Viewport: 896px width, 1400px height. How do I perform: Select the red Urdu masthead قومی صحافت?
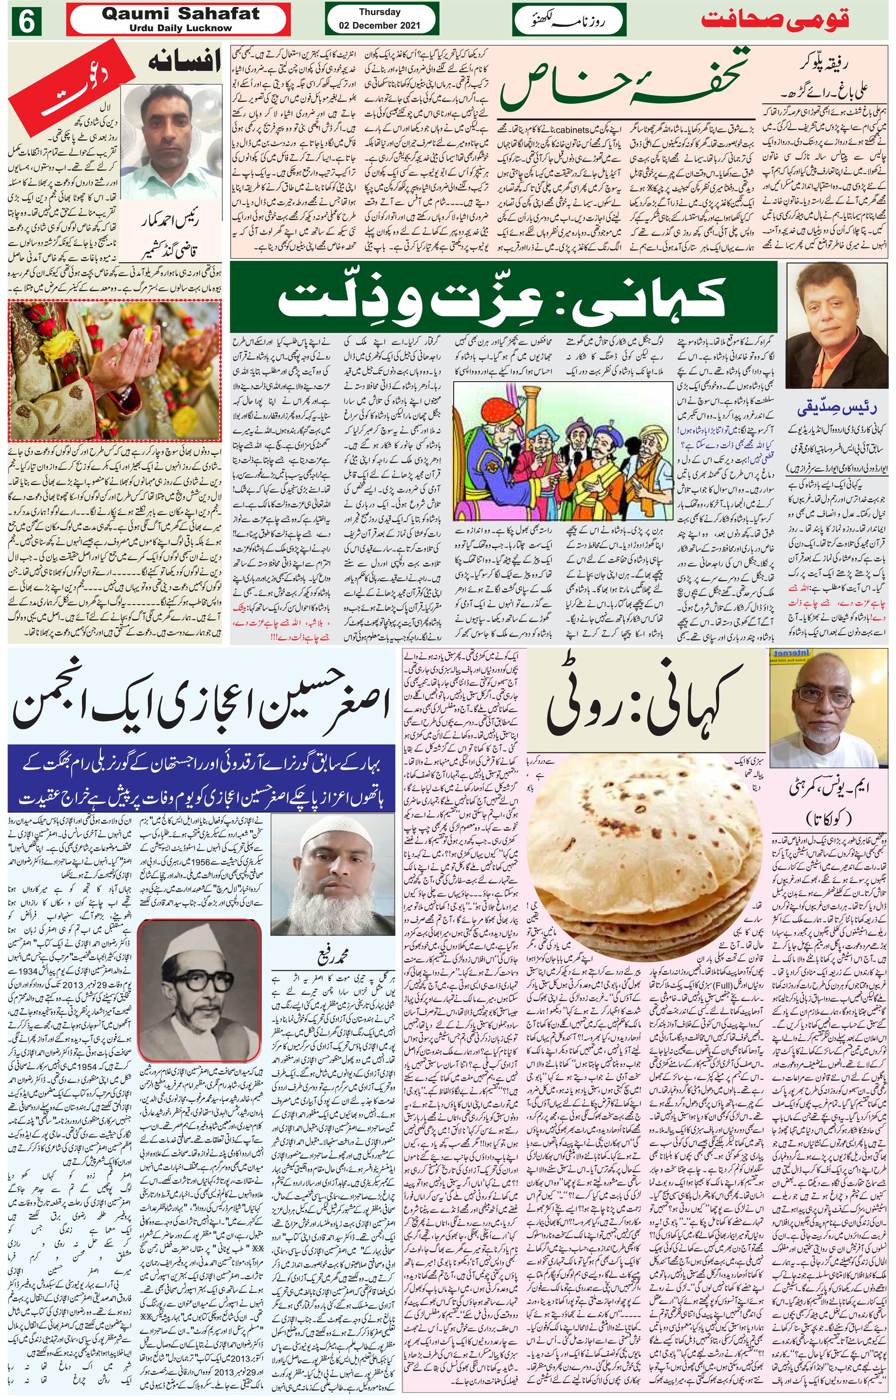point(775,19)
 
